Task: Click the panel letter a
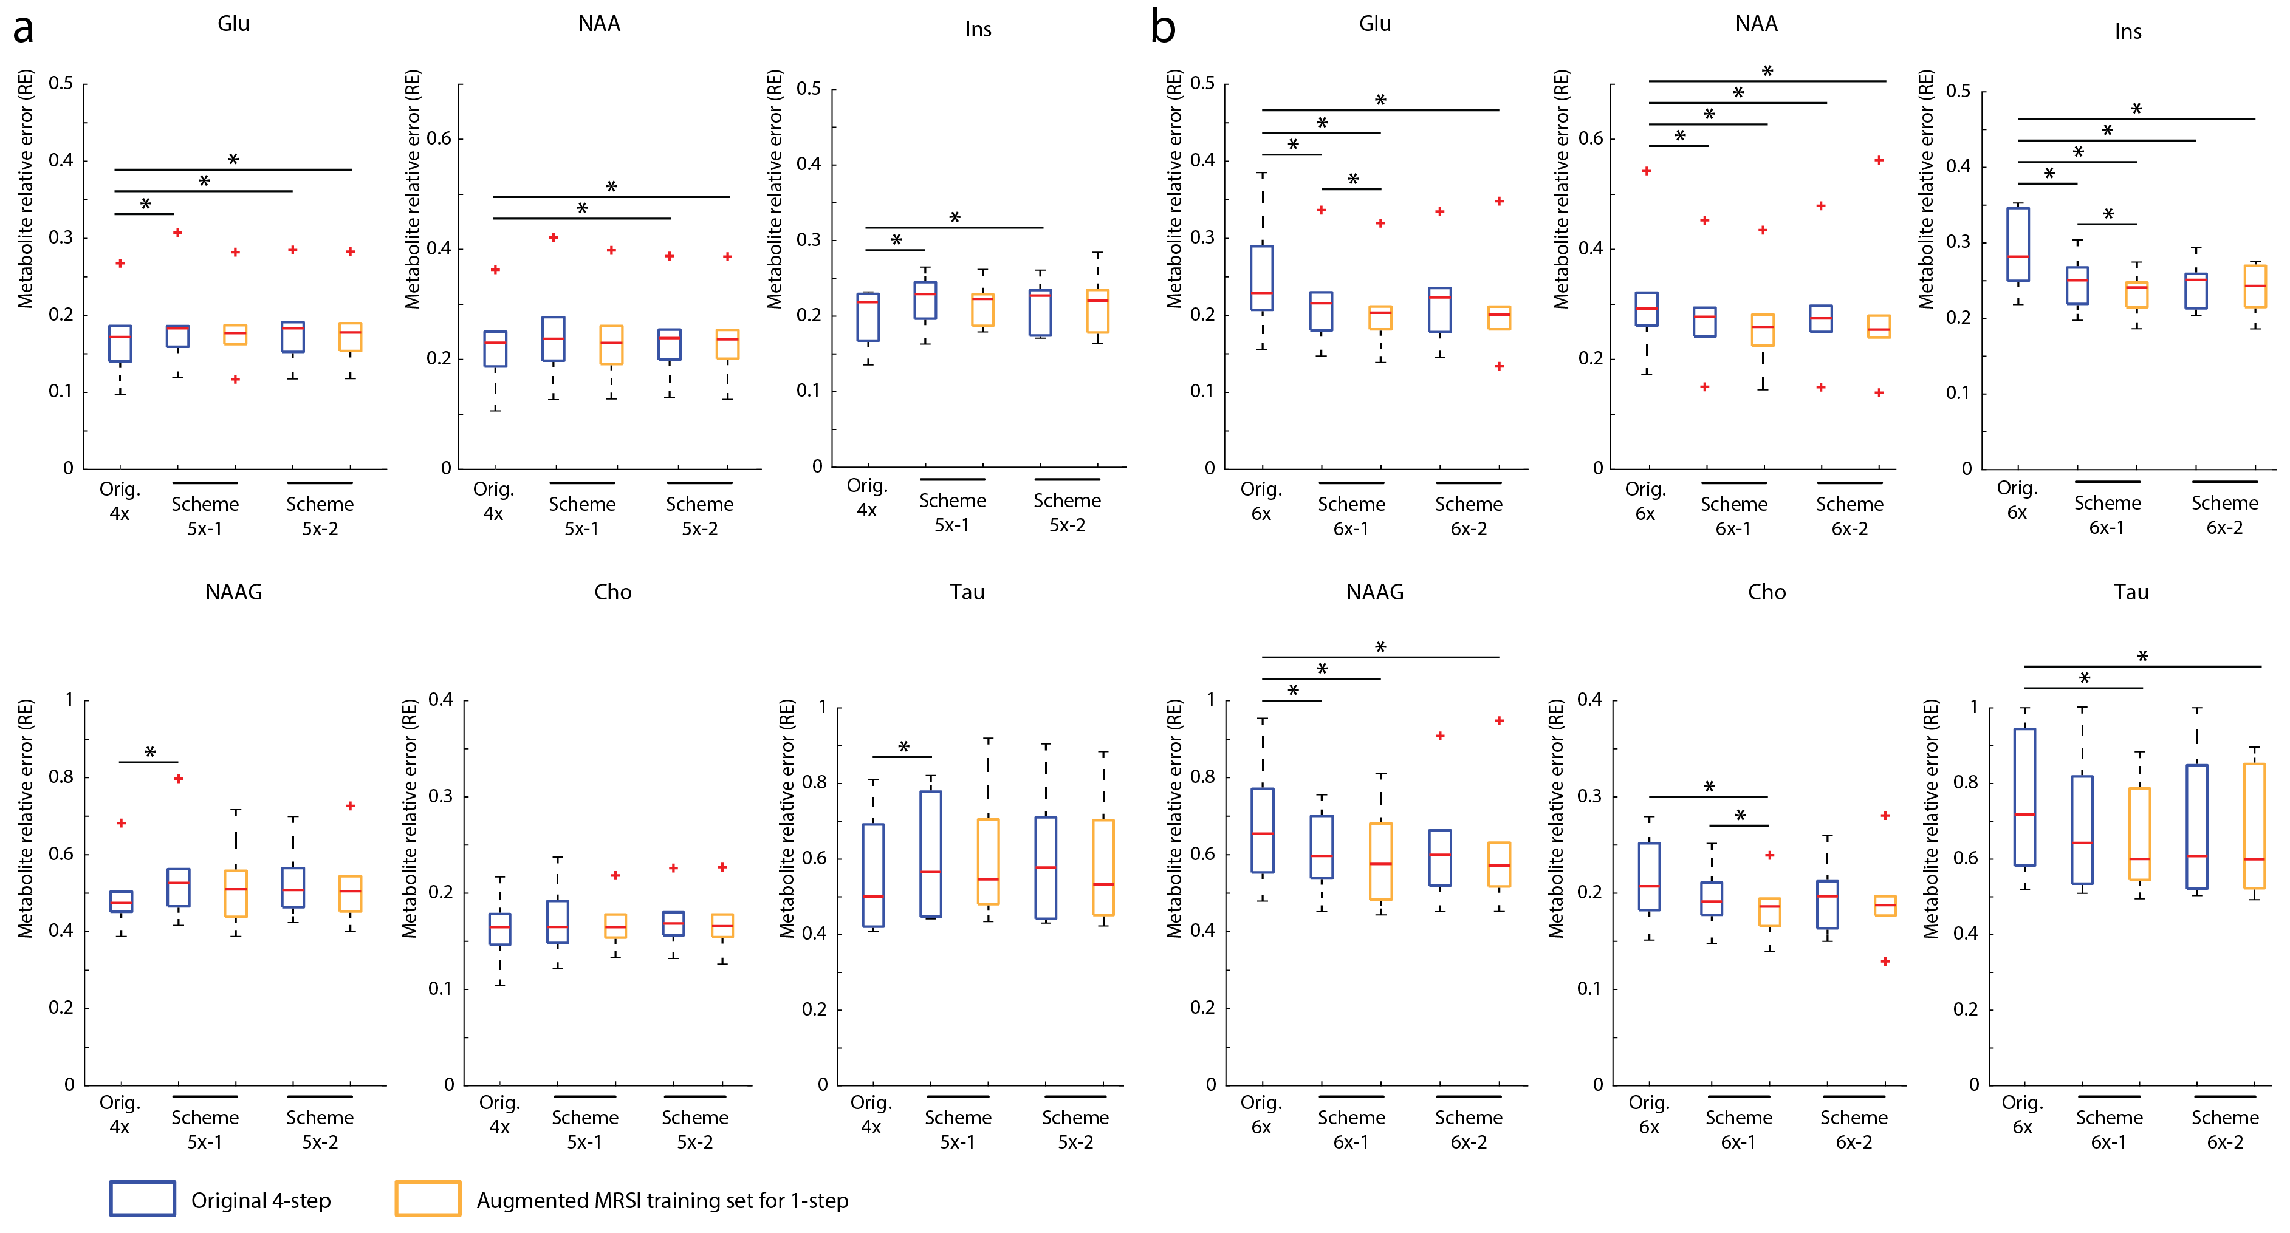pyautogui.click(x=24, y=29)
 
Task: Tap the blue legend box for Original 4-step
pyautogui.click(x=142, y=1198)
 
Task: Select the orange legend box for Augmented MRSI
pyautogui.click(x=428, y=1198)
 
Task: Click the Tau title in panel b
pyautogui.click(x=2131, y=592)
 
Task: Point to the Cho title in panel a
pyautogui.click(x=612, y=592)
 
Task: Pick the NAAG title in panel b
pyautogui.click(x=1374, y=592)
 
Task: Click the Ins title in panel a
pyautogui.click(x=978, y=29)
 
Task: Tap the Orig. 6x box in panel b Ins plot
pyautogui.click(x=2018, y=244)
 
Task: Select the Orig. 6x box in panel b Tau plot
pyautogui.click(x=2025, y=796)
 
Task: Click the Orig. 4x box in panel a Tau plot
pyautogui.click(x=873, y=876)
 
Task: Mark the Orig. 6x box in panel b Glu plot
pyautogui.click(x=1261, y=278)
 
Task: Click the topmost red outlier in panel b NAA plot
pyautogui.click(x=1879, y=160)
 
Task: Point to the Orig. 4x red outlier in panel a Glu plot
pyautogui.click(x=120, y=263)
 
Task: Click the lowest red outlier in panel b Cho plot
pyautogui.click(x=1885, y=961)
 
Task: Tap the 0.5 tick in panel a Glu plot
pyautogui.click(x=61, y=84)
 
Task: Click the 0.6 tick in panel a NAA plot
pyautogui.click(x=438, y=138)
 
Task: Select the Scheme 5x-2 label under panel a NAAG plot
pyautogui.click(x=320, y=1129)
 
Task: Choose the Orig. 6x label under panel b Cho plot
pyautogui.click(x=1648, y=1115)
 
